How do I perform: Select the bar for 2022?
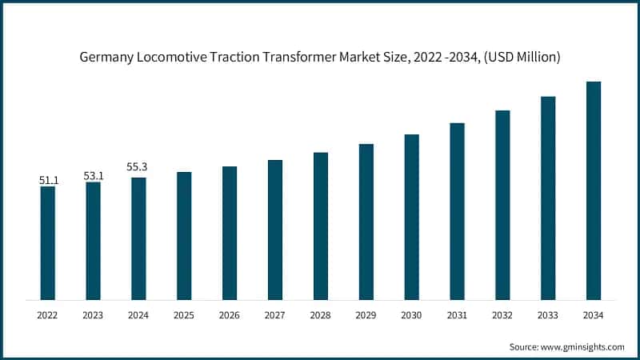48,243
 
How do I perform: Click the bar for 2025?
184,236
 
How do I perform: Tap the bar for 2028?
321,226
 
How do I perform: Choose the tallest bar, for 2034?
594,190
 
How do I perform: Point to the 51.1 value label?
48,181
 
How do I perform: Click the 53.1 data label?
94,176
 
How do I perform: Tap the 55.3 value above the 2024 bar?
138,167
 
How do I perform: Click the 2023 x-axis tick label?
94,316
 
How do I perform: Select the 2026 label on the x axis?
230,316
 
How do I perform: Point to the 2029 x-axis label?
366,316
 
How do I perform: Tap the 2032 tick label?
502,316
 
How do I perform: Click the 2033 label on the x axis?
548,316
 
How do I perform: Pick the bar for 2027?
275,230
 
